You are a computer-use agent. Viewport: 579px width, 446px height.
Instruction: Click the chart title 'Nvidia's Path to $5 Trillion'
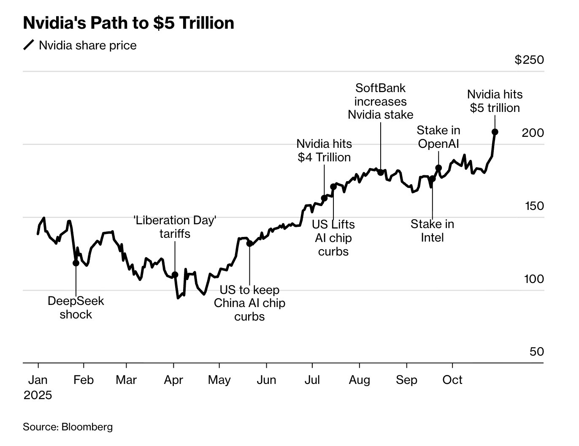tap(128, 23)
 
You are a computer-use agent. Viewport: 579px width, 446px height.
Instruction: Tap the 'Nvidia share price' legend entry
tap(87, 46)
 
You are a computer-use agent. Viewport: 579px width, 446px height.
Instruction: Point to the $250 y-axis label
tap(529, 60)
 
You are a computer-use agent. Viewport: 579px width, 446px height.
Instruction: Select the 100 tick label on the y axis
tap(534, 279)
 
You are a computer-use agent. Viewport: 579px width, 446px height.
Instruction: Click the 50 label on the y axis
tap(536, 351)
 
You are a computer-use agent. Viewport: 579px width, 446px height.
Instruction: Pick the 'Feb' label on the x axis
tap(83, 380)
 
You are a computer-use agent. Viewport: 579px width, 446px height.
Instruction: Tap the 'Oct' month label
tap(452, 380)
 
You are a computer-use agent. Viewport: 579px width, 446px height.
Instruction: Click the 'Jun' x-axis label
tap(266, 380)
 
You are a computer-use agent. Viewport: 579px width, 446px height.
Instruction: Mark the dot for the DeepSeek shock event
tap(76, 263)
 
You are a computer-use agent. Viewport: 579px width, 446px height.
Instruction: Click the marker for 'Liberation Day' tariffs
tap(175, 275)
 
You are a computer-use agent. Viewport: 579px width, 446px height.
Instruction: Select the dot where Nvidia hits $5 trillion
tap(495, 132)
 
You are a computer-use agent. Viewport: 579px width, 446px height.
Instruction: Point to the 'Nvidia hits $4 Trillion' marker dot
tap(324, 198)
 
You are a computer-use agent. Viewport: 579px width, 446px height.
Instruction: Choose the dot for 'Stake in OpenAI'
tap(438, 168)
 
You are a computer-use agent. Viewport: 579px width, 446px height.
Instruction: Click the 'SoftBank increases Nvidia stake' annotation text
tap(380, 101)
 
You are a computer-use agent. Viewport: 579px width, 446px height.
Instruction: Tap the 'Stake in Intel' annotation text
tap(432, 231)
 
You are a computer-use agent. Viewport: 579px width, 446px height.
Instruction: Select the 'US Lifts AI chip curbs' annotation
tap(333, 238)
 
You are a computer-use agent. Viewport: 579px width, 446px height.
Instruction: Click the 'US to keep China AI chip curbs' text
tap(249, 303)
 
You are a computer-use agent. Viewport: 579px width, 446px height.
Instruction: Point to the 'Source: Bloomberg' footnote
tap(68, 427)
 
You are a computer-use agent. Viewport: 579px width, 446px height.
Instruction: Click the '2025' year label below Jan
tap(38, 395)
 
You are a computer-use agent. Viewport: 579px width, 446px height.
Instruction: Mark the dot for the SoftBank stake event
tap(380, 172)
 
